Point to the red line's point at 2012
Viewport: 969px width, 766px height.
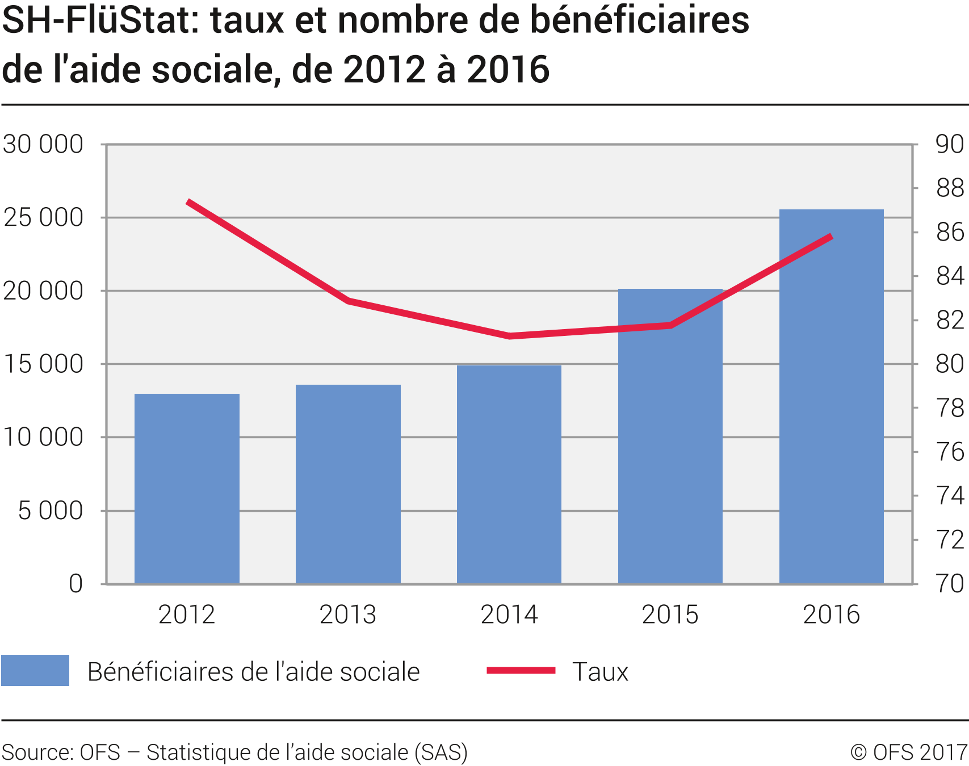[x=188, y=202]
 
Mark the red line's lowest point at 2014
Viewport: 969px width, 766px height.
[x=509, y=336]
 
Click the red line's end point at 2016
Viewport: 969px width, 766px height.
[x=831, y=237]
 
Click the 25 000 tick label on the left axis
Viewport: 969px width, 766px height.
[x=43, y=217]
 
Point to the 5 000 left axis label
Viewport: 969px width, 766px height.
[x=51, y=511]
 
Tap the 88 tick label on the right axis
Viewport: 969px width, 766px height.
[x=950, y=188]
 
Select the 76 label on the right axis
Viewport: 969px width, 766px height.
[x=950, y=452]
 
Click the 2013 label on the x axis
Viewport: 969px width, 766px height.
[x=348, y=615]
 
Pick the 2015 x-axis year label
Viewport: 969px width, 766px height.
[x=670, y=615]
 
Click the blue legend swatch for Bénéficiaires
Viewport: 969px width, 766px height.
[x=35, y=670]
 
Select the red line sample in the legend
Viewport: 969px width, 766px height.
[x=521, y=670]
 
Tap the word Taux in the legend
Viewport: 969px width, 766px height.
[x=601, y=672]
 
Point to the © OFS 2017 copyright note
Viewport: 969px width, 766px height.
[x=908, y=752]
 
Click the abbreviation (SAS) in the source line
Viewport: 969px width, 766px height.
[x=441, y=752]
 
